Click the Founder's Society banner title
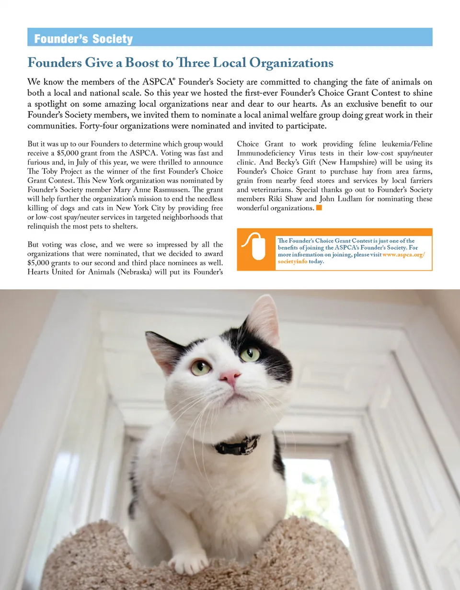pyautogui.click(x=83, y=39)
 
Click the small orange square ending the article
pyautogui.click(x=319, y=208)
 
